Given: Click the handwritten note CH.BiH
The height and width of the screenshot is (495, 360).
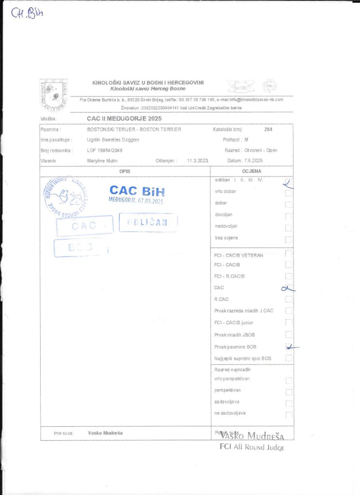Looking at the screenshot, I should [x=27, y=13].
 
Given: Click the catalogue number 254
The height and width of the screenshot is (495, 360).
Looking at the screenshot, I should [x=269, y=130].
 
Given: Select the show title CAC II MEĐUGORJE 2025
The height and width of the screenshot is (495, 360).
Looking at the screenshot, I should [x=124, y=118].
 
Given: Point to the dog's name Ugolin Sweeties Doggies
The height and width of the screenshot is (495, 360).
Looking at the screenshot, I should [x=113, y=140].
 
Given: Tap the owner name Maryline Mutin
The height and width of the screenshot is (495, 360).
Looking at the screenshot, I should [x=103, y=160].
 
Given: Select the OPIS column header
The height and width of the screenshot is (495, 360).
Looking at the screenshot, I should [x=125, y=171].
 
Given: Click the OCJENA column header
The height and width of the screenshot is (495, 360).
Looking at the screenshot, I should [x=252, y=171].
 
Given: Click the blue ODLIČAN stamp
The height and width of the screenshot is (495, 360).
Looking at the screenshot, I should [x=148, y=222].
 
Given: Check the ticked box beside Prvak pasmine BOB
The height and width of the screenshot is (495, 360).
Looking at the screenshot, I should [x=289, y=347].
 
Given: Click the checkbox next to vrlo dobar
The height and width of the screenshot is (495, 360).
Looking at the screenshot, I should [x=289, y=192].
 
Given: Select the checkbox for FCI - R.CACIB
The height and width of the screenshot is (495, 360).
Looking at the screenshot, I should [x=289, y=277].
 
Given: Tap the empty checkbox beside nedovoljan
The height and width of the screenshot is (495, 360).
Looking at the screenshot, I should [x=289, y=227].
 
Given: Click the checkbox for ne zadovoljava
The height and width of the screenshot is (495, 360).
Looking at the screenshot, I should [x=289, y=414].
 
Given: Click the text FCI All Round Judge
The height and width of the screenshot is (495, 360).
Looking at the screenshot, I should [x=252, y=447].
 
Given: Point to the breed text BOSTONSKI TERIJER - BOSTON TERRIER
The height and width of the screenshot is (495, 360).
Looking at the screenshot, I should [x=134, y=130].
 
